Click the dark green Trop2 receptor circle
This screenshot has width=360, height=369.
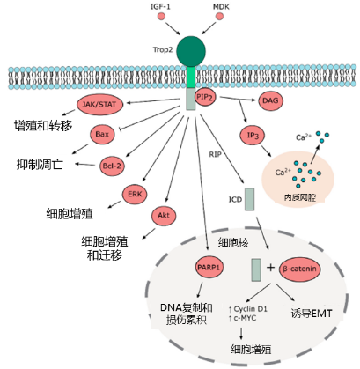pos(191,51)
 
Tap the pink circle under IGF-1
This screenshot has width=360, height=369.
pos(161,17)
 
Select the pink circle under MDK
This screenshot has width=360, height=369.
pos(219,17)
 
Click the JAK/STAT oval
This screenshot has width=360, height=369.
pos(99,104)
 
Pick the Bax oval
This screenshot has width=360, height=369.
pos(102,135)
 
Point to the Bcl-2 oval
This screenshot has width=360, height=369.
pos(112,166)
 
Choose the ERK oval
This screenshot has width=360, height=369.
pos(135,194)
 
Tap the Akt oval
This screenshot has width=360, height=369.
pos(164,216)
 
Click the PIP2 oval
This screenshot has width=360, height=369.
pos(204,97)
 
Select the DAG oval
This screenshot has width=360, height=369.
pos(270,100)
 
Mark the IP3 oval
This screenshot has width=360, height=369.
pos(253,136)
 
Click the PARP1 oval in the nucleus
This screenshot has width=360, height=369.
pos(209,268)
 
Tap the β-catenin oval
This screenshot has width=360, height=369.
pos(299,269)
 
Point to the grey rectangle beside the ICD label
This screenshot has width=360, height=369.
pos(249,199)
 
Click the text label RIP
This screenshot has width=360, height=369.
pos(215,154)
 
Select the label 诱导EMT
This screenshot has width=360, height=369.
pos(312,314)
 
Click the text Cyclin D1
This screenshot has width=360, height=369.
pos(251,309)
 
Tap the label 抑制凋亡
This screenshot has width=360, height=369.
pos(40,165)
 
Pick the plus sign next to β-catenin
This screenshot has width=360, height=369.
pos(270,267)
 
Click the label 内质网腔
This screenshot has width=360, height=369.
pos(299,197)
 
